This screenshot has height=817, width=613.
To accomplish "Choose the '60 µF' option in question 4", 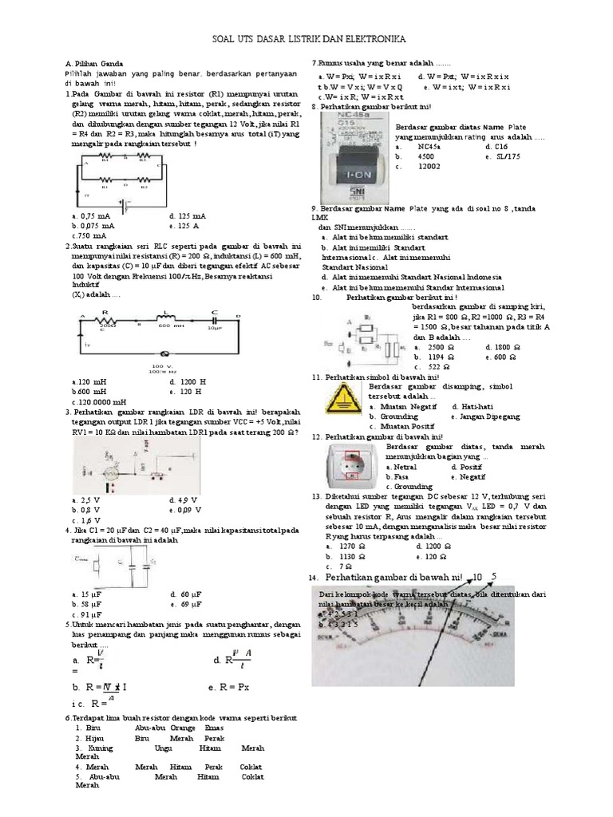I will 184,594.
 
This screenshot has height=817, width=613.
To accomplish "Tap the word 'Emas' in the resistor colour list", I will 214,728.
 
